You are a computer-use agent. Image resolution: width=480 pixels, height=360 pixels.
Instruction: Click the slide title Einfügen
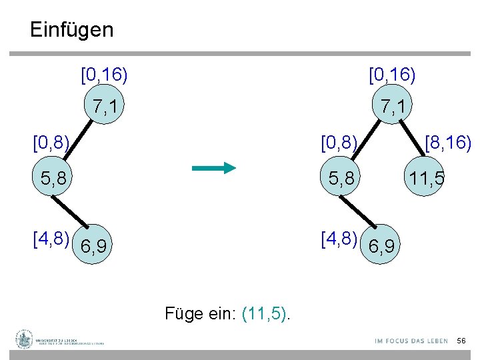click(72, 30)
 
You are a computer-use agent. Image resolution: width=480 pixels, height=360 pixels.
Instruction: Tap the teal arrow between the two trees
click(213, 168)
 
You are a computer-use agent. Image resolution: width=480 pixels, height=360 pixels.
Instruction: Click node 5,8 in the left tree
click(53, 179)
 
